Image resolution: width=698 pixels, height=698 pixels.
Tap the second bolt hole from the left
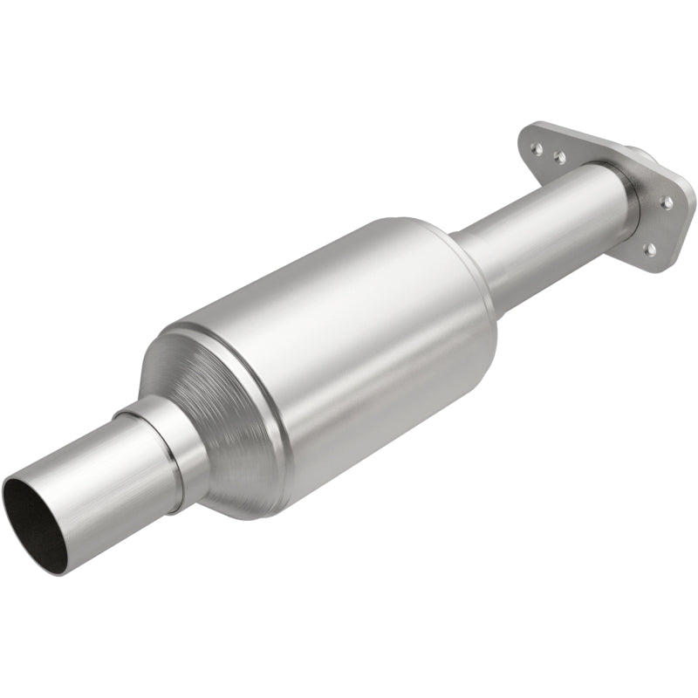pos(559,158)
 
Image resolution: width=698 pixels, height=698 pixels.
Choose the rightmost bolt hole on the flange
pos(667,202)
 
